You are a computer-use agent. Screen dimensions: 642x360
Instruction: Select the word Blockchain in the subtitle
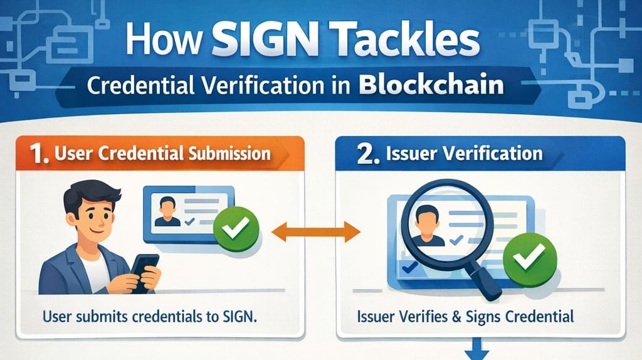[x=432, y=86]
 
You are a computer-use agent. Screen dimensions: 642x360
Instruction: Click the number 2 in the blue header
[x=363, y=154]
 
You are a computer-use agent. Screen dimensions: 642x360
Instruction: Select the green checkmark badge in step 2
[x=525, y=257]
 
